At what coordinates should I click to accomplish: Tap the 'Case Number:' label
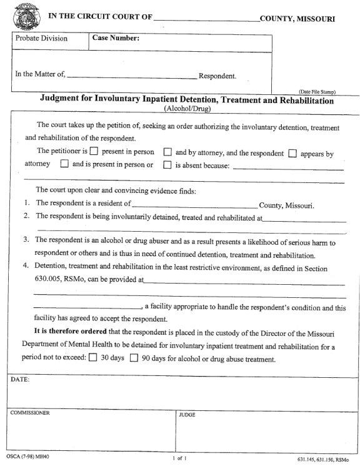pos(116,39)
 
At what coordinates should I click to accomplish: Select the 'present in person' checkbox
pos(94,152)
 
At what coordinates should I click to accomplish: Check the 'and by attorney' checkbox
pos(167,152)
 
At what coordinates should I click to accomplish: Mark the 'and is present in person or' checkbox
pos(64,165)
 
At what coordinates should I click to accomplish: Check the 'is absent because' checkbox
pos(167,165)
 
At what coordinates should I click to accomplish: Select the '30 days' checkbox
pos(92,358)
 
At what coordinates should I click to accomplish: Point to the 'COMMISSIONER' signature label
pos(29,413)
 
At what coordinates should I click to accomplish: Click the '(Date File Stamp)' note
pos(317,92)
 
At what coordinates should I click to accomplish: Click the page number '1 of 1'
pos(179,458)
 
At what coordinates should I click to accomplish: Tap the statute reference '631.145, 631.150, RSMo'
pos(322,460)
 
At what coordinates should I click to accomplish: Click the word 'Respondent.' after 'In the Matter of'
pos(217,77)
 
